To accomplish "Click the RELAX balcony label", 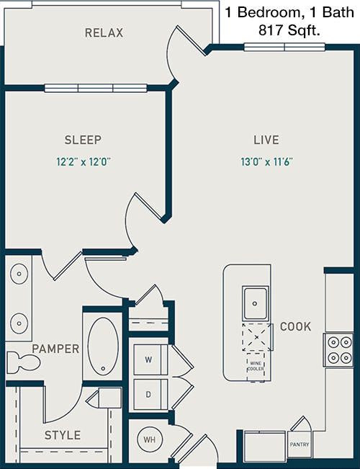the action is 104,32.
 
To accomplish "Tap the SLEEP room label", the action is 83,140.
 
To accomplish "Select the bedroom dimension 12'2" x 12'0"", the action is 84,162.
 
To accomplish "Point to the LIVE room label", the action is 266,140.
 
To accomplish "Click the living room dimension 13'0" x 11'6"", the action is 266,162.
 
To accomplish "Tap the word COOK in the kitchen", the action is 295,326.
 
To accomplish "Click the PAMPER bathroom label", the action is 55,349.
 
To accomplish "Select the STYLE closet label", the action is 63,435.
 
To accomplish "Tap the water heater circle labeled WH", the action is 150,439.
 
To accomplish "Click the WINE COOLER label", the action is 256,366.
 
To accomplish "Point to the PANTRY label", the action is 300,445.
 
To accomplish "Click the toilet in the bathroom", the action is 23,362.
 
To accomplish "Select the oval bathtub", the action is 103,347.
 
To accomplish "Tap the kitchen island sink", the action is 255,303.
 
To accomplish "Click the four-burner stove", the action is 339,350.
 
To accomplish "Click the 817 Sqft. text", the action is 289,30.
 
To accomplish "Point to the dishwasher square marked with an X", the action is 257,337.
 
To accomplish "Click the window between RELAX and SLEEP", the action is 96,88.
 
